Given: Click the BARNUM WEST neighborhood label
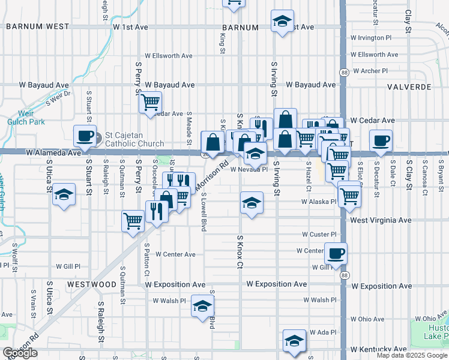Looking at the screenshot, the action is [x=37, y=27].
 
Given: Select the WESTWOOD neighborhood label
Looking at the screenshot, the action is [x=92, y=284].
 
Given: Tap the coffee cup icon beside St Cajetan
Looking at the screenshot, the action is [x=84, y=136].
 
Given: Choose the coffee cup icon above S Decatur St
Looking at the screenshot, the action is [x=381, y=141].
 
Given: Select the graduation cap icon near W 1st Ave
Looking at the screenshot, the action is [x=282, y=21].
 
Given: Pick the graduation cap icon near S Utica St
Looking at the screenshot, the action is [x=64, y=195].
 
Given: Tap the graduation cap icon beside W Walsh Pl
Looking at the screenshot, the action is [x=203, y=306].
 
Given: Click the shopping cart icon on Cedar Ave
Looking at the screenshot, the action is [x=150, y=101].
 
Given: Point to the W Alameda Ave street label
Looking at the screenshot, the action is [x=54, y=153].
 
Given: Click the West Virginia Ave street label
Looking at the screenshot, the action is [x=381, y=220].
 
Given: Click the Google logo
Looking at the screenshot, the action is [x=20, y=353].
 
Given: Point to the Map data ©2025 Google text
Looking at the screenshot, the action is [x=412, y=355].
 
